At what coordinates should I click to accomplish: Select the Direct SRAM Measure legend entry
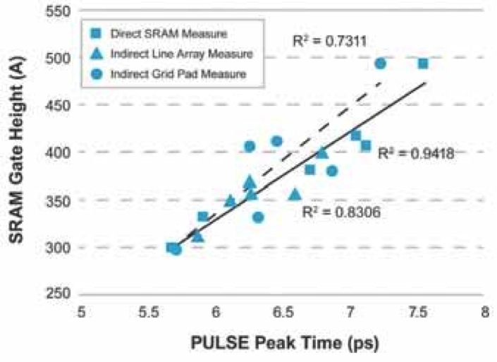(161, 33)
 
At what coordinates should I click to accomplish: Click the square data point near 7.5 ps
(423, 64)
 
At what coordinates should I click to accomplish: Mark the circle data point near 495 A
(380, 64)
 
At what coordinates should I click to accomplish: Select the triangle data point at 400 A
(322, 152)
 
